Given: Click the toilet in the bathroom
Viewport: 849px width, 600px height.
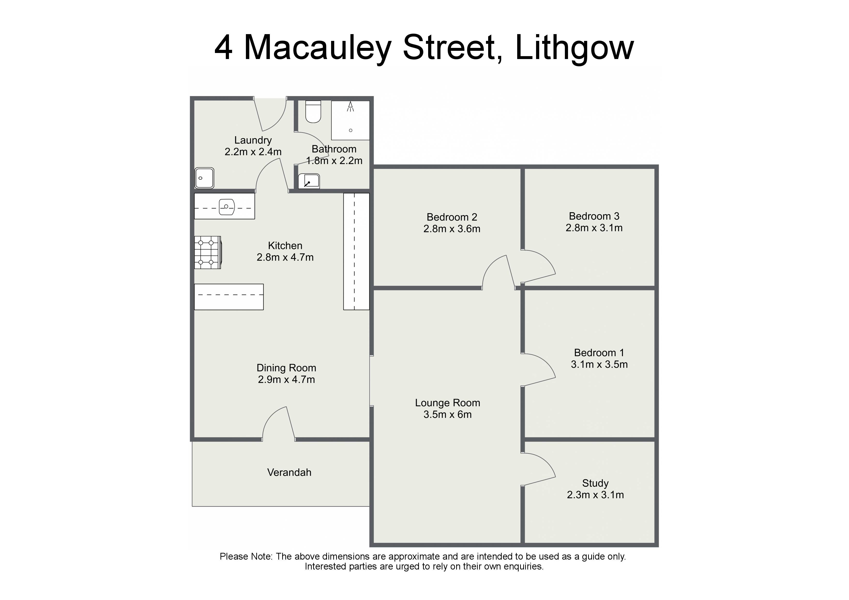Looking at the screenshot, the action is [x=313, y=111].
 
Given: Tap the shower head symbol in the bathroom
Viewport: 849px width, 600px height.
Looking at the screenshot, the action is [x=350, y=107].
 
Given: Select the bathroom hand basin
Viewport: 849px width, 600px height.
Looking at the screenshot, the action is [x=309, y=181].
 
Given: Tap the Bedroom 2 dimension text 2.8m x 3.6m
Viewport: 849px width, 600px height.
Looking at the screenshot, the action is [x=452, y=229].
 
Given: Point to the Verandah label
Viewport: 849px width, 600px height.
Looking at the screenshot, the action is [x=289, y=472].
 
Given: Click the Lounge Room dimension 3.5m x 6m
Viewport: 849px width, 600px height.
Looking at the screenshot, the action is [x=447, y=414].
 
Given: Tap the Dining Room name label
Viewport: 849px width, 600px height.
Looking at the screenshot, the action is [x=286, y=368].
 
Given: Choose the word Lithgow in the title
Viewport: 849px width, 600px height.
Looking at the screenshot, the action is [x=574, y=48].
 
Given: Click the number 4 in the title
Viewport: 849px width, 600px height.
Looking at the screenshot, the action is [x=223, y=48].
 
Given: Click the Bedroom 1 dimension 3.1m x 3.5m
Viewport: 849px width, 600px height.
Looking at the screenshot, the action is [x=599, y=365].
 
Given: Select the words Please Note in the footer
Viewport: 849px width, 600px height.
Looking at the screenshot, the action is [x=246, y=557].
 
